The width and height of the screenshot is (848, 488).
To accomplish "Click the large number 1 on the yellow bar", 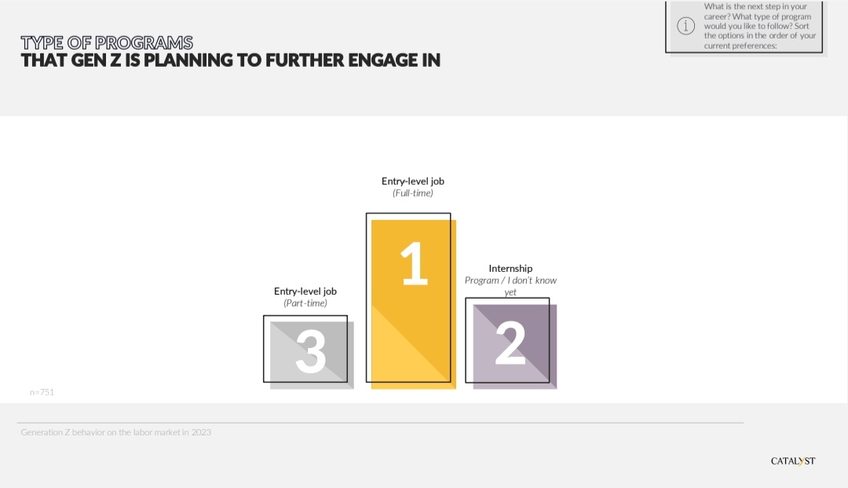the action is pos(415,263).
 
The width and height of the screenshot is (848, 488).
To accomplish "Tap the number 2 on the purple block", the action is pos(510,343).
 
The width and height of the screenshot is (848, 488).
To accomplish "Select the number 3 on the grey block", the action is pos(310,352).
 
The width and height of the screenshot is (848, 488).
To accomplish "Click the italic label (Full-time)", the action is pos(413,193).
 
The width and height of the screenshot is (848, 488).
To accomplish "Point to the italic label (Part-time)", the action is pos(305,303).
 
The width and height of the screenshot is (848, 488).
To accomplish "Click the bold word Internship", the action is pos(510,268).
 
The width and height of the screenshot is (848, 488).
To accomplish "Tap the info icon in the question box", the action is pos(685,25).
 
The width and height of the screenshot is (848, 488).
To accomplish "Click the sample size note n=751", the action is pos(42,392).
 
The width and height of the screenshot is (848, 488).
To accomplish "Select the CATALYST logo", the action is pos(793,461).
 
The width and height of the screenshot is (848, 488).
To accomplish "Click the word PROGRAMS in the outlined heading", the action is pos(144,42).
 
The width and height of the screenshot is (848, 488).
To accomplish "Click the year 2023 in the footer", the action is pos(201,432).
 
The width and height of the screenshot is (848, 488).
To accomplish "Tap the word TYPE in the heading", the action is pos(42,42).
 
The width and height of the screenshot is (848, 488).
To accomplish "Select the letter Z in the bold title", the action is pos(115,60).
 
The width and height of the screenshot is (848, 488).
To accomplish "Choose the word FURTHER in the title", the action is pos(304,60).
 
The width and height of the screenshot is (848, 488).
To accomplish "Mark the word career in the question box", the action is pos(716,17).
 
